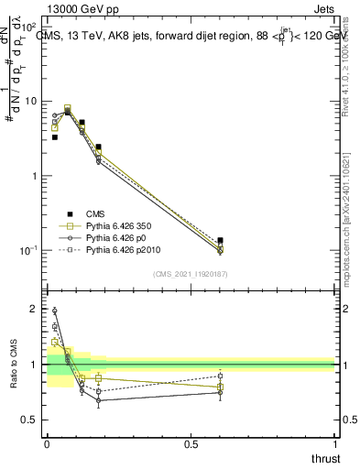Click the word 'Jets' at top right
(322, 7)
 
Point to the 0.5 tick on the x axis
(191, 444)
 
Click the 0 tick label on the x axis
(47, 444)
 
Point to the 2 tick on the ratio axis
(35, 310)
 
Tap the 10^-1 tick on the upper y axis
(28, 250)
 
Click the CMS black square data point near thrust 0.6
(220, 240)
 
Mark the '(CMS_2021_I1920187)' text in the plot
(190, 274)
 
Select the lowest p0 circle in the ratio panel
(98, 400)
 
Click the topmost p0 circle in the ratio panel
(54, 311)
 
